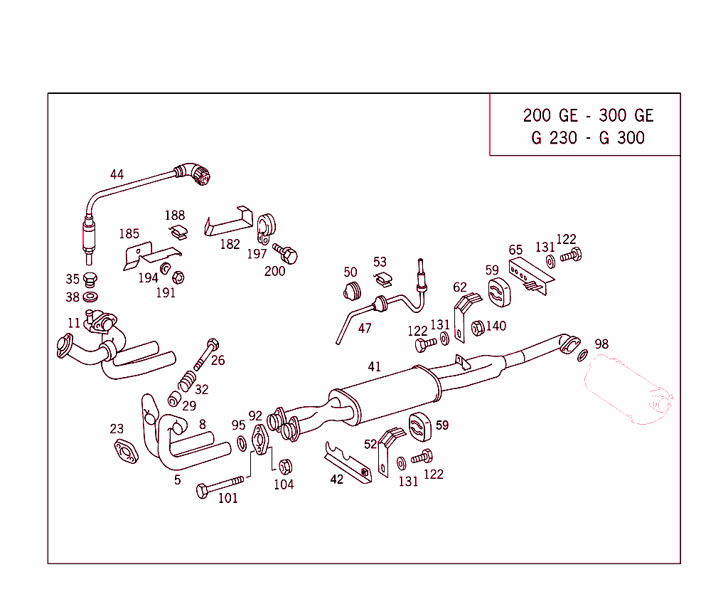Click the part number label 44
(117, 174)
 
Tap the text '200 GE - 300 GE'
(587, 116)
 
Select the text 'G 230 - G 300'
(587, 138)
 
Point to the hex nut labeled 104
(284, 467)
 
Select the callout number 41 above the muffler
(375, 367)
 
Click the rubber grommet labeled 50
(352, 291)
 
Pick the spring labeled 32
(186, 381)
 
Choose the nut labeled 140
(478, 327)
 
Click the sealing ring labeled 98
(583, 356)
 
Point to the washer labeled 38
(91, 296)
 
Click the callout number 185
(129, 234)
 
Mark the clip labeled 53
(382, 278)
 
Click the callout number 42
(336, 479)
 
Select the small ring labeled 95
(242, 444)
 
